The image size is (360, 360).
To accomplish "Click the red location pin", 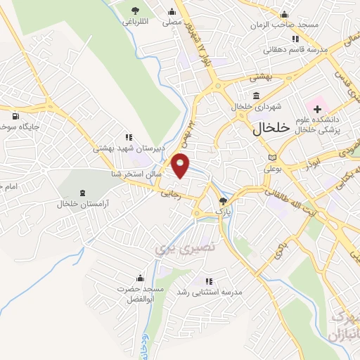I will point(181,165).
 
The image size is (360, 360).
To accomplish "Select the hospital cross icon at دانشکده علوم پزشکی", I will point(317,110).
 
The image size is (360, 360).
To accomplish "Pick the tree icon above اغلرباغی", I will point(135,9).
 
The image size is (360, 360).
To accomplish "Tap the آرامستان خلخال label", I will point(82,205).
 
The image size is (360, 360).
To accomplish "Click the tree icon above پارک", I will point(223,200).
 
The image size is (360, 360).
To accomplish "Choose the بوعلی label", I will point(272,169).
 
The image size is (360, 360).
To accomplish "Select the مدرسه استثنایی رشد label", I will point(208,292).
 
